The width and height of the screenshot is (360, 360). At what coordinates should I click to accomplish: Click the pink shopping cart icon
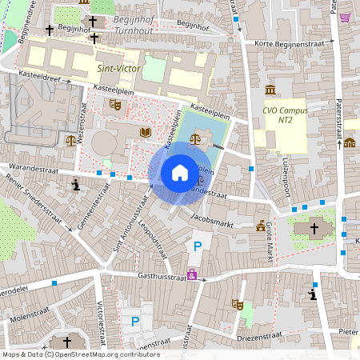[345, 18]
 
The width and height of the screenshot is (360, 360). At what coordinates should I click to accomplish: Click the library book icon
[145, 132]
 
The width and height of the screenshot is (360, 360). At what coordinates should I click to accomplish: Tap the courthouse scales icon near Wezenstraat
[71, 140]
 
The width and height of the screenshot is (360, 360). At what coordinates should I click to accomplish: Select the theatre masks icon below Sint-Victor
[115, 104]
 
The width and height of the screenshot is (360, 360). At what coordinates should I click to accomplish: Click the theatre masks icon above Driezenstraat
[236, 303]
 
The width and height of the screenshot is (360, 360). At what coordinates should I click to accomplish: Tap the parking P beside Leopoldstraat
[198, 246]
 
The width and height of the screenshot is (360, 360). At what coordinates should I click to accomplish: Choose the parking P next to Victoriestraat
[134, 322]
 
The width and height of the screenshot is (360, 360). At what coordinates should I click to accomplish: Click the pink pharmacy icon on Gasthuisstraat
[192, 274]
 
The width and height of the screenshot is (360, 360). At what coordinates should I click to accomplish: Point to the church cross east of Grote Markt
[314, 229]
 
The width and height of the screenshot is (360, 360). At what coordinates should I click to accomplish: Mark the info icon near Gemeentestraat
[76, 186]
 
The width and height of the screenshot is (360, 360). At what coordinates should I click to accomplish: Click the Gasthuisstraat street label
[161, 274]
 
